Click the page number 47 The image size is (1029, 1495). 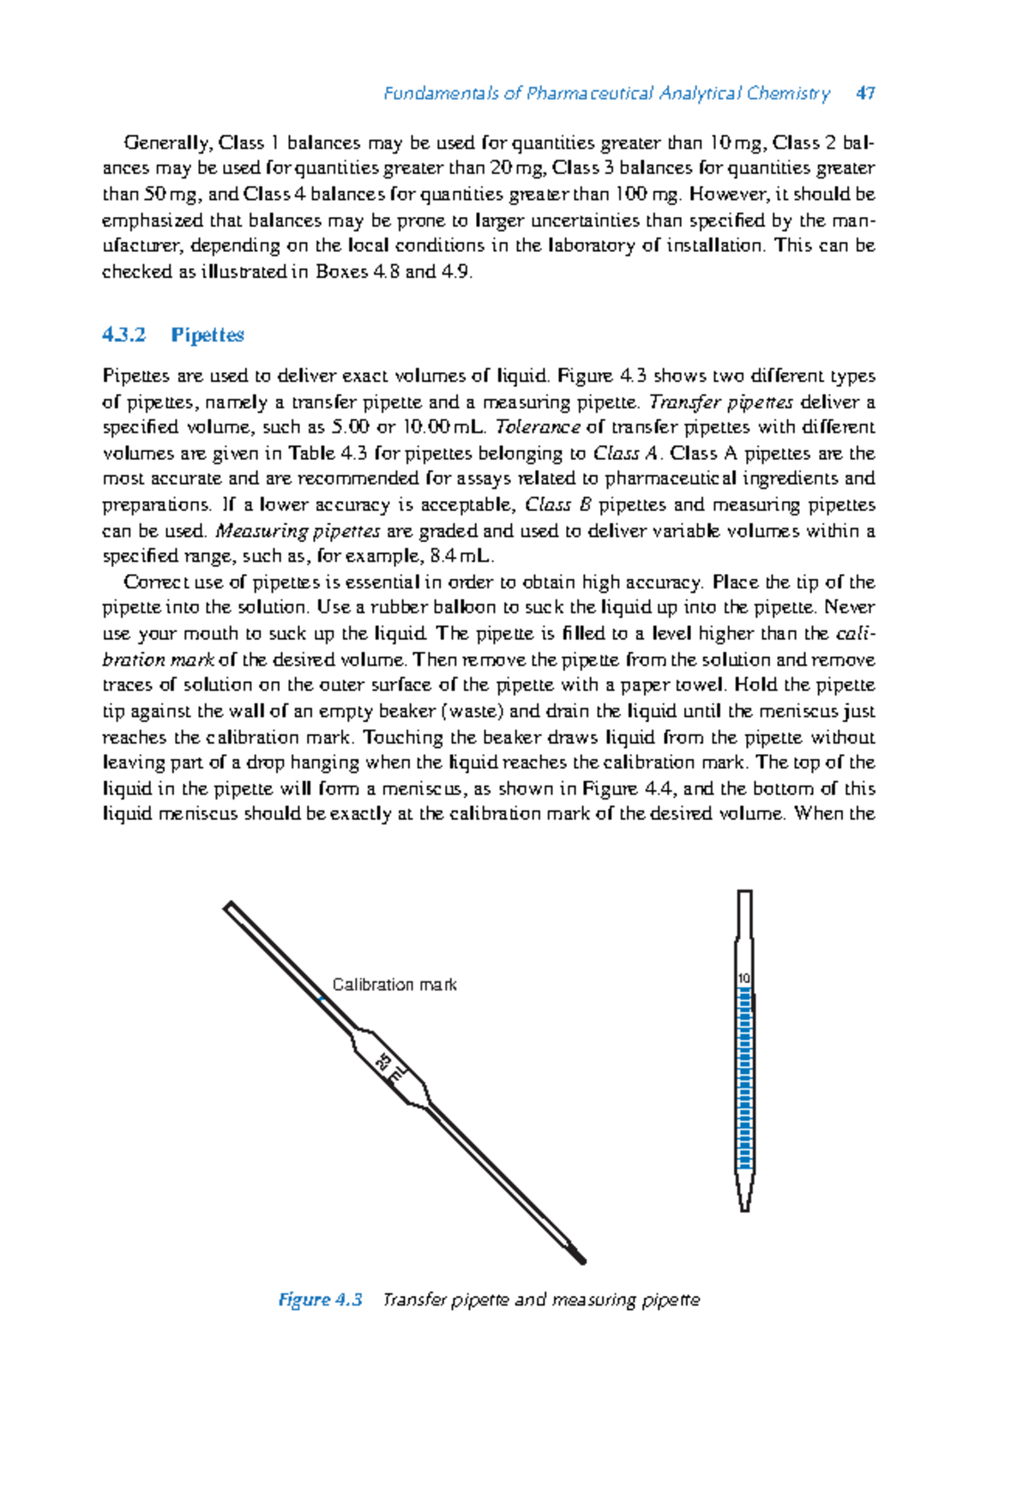pyautogui.click(x=865, y=93)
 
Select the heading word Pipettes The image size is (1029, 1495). pyautogui.click(x=208, y=335)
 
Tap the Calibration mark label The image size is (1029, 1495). pyautogui.click(x=394, y=985)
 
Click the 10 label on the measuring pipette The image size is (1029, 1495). pyautogui.click(x=743, y=979)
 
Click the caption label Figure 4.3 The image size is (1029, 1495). pyautogui.click(x=320, y=1299)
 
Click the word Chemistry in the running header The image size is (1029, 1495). pyautogui.click(x=787, y=93)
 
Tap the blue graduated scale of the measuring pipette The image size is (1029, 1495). pyautogui.click(x=744, y=1081)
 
